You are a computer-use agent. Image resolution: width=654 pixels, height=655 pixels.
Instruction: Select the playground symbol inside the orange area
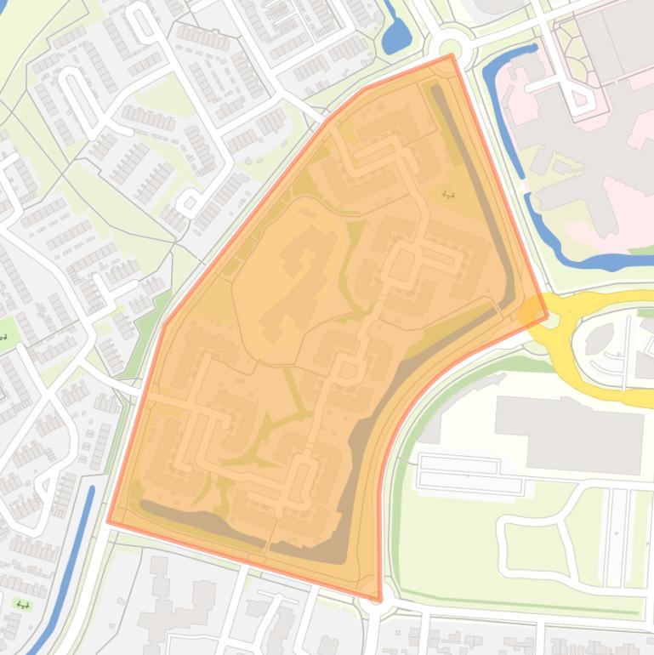click(448, 195)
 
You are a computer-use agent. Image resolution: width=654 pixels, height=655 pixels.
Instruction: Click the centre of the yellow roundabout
click(552, 320)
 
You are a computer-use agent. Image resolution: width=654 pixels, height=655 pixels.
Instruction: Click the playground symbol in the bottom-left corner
click(23, 606)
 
